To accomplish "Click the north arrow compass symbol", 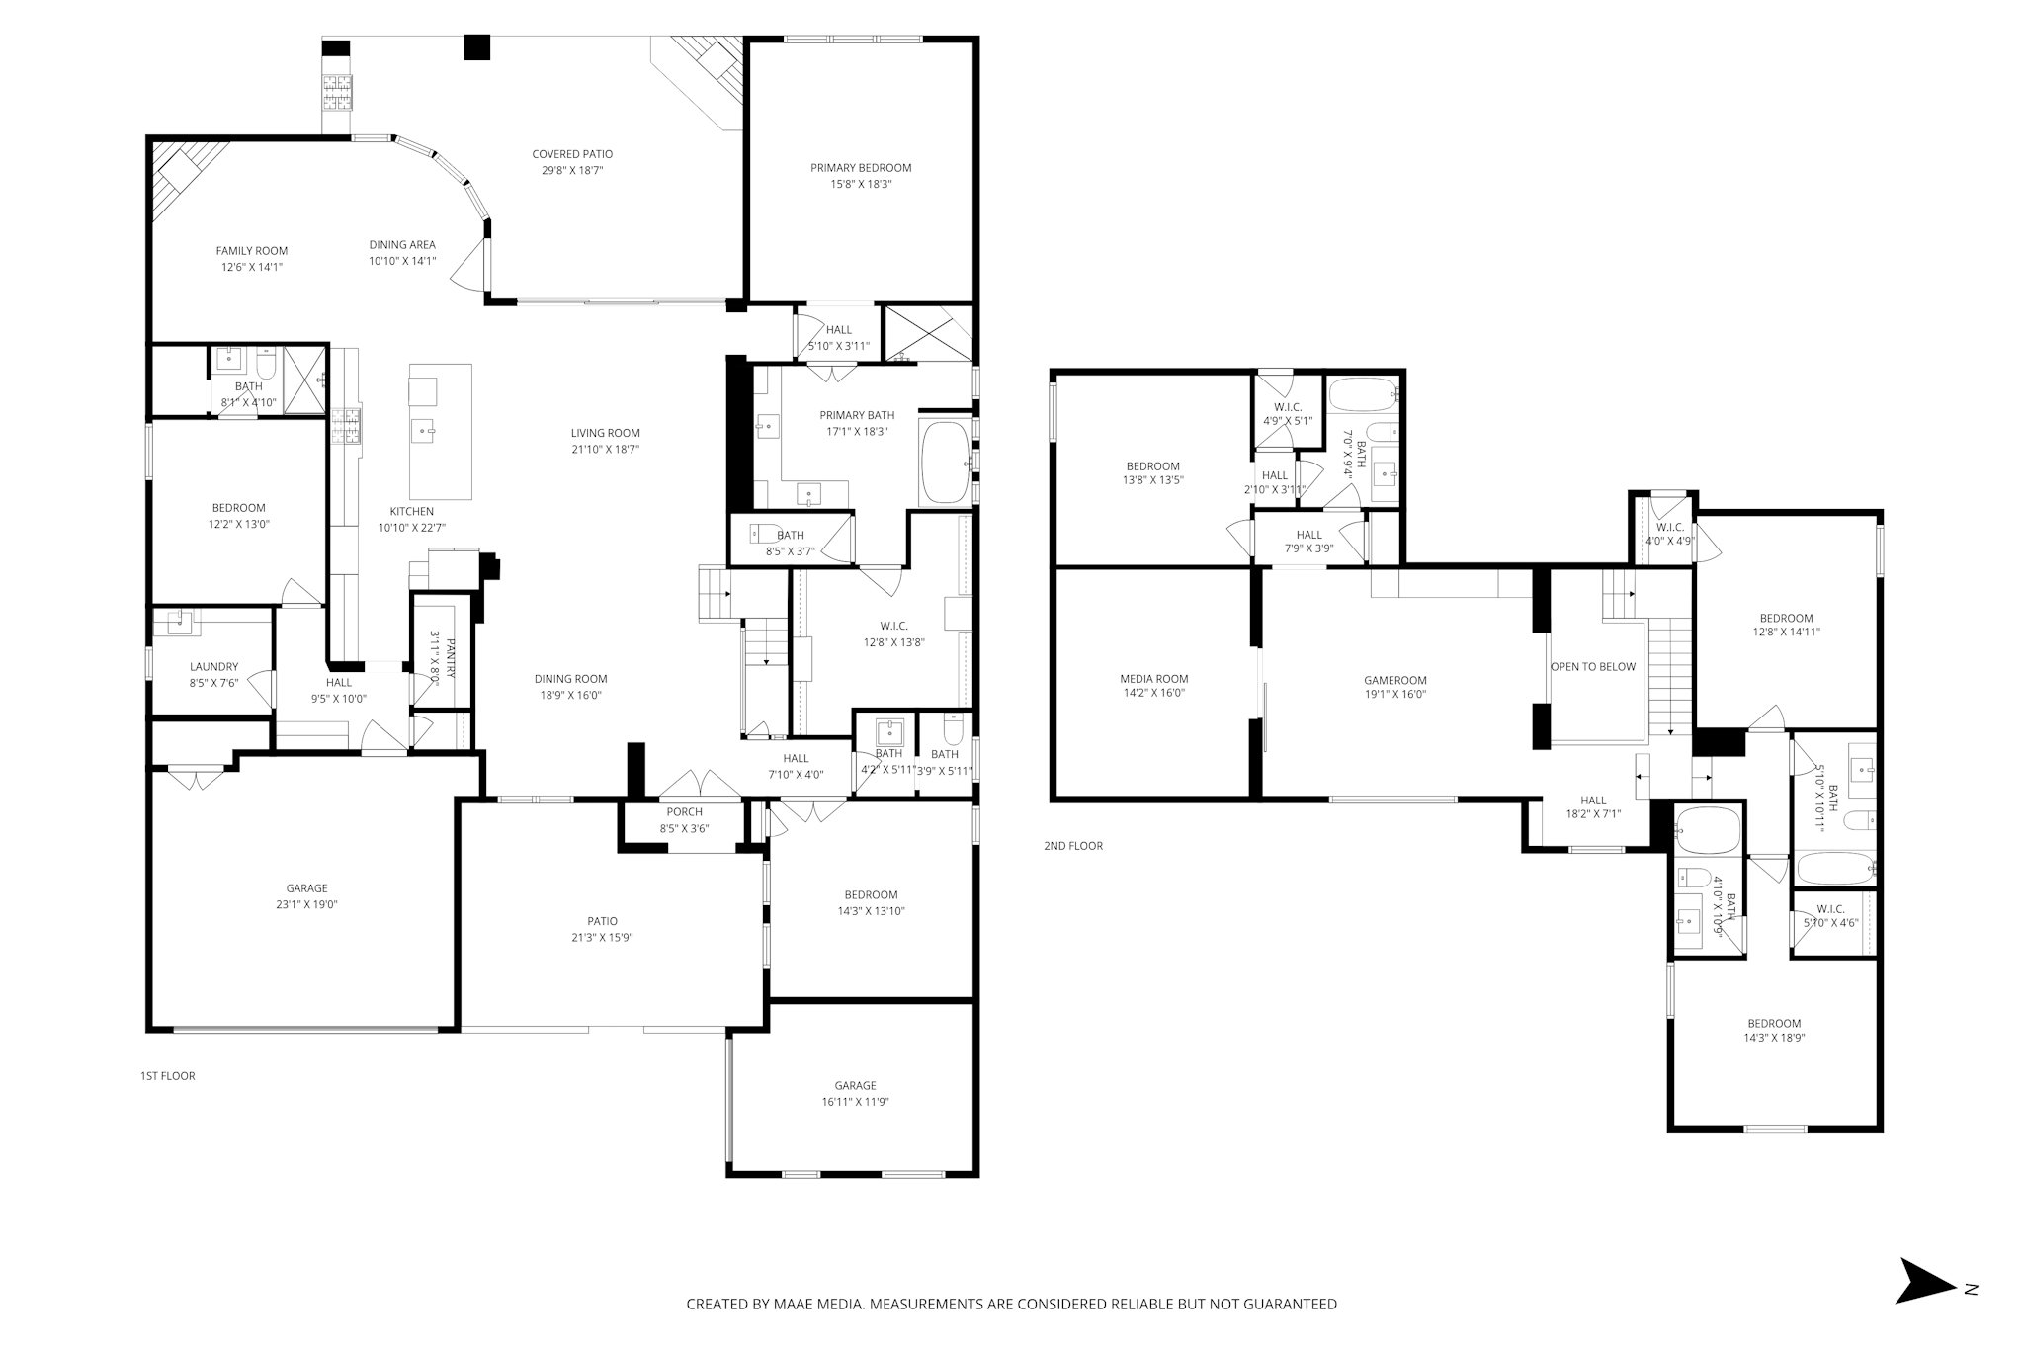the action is [x=1925, y=1308].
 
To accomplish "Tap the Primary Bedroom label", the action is [x=861, y=168].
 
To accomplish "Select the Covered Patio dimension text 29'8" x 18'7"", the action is [x=572, y=170].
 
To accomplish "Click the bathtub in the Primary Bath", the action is [x=946, y=464].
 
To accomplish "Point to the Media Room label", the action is [x=1153, y=679].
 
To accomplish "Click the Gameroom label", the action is [x=1395, y=680].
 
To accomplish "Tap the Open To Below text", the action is [x=1593, y=667].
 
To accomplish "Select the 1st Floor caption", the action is [x=168, y=1075].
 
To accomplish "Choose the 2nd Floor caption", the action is [x=1073, y=846].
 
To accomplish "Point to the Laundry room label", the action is [x=213, y=667].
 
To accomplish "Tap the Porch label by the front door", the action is [x=684, y=812].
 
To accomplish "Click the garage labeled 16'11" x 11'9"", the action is [x=855, y=1094].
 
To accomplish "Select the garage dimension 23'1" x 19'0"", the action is [x=306, y=904].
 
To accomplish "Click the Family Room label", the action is [x=252, y=251].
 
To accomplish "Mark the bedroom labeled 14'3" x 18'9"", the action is [x=1774, y=1031].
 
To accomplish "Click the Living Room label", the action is [x=605, y=433].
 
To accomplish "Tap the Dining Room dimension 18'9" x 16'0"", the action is [x=570, y=695].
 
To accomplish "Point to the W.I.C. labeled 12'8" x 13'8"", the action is [x=893, y=633].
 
